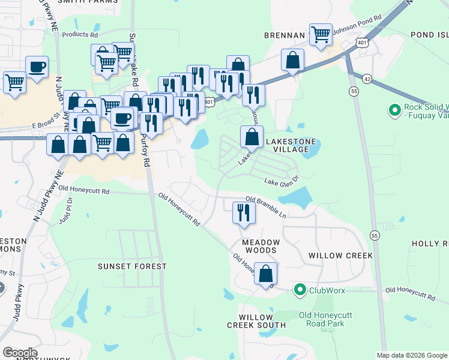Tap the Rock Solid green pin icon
tap(394, 110)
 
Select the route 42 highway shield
tap(367, 78)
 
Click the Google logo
tap(20, 353)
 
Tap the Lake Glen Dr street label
tap(281, 180)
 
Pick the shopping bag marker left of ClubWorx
tap(265, 274)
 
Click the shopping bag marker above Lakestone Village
tap(252, 137)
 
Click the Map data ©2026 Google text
tap(412, 355)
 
